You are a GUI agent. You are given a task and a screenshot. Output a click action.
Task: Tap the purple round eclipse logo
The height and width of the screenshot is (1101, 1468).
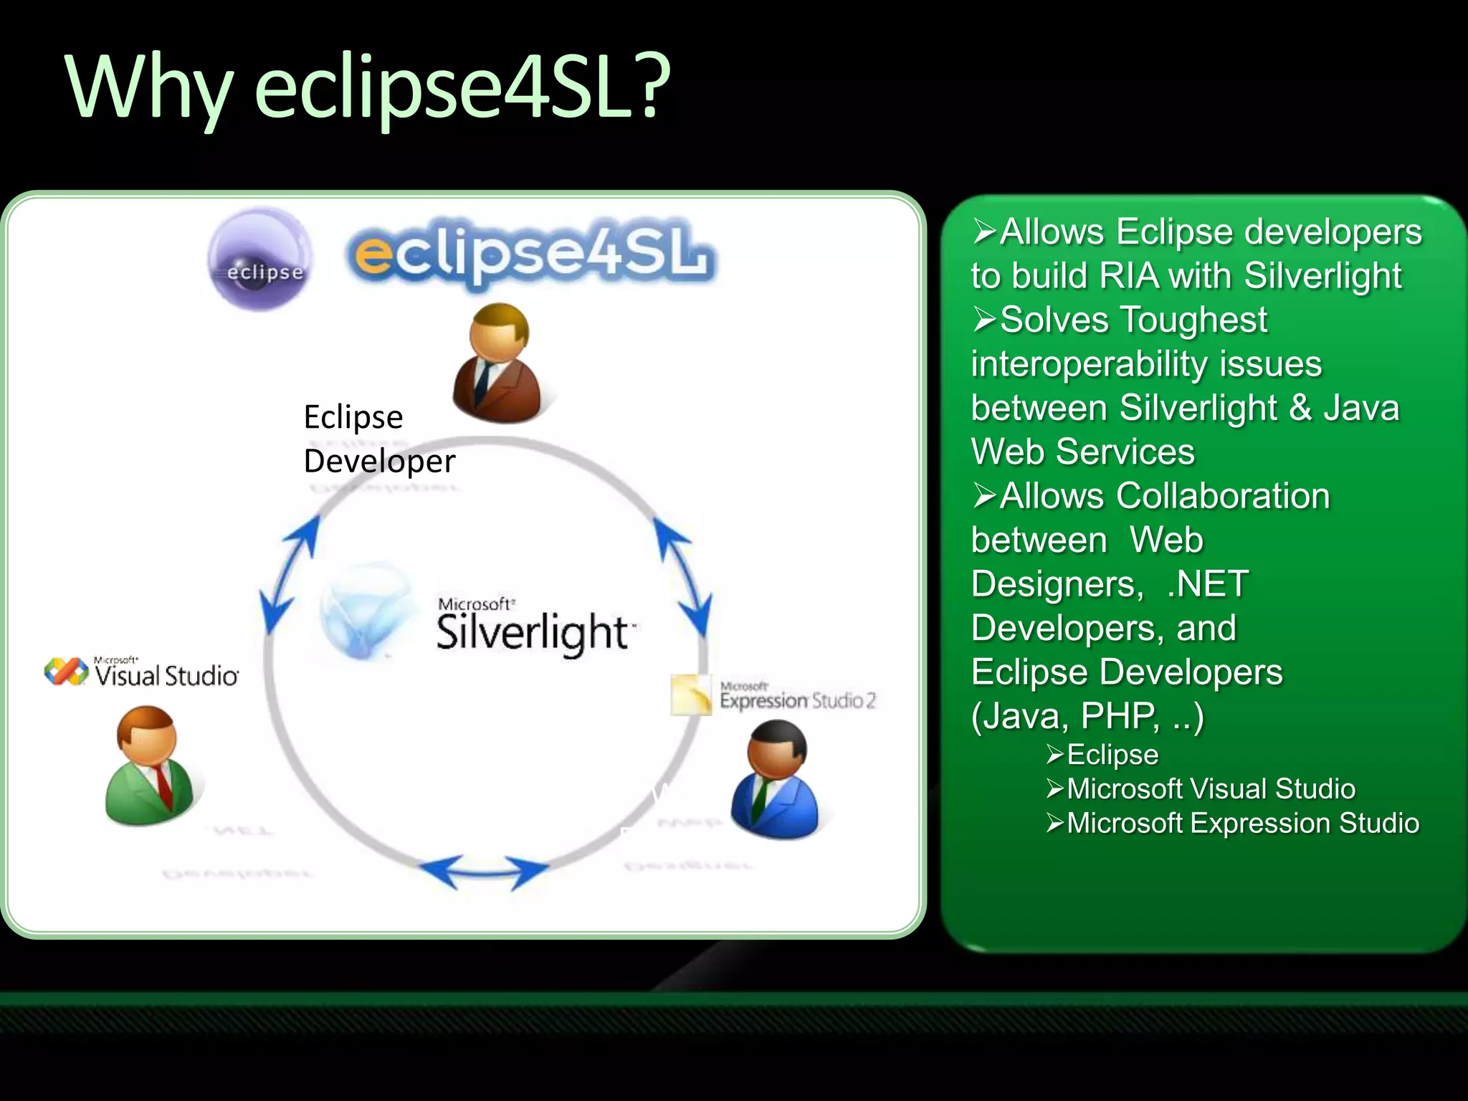coord(261,259)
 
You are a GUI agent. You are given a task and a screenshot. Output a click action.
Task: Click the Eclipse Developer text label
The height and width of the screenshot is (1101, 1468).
coord(378,439)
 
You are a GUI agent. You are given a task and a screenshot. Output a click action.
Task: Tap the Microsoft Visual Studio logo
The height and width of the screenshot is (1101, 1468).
coord(142,672)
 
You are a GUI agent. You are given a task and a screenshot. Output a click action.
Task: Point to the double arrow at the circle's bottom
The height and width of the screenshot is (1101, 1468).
coord(484,872)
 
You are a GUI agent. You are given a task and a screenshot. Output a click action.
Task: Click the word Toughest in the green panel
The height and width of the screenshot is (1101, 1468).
coord(1133,320)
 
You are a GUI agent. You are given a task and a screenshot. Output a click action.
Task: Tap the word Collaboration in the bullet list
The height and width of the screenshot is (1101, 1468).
coord(1165,496)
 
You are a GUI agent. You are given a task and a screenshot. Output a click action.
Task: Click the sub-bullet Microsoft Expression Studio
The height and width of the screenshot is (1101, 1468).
coord(1242,824)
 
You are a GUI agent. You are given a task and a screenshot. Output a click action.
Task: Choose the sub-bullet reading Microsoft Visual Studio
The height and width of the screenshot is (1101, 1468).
coord(1211,789)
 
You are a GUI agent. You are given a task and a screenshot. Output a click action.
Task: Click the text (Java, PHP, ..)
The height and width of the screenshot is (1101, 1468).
coord(1087,715)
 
